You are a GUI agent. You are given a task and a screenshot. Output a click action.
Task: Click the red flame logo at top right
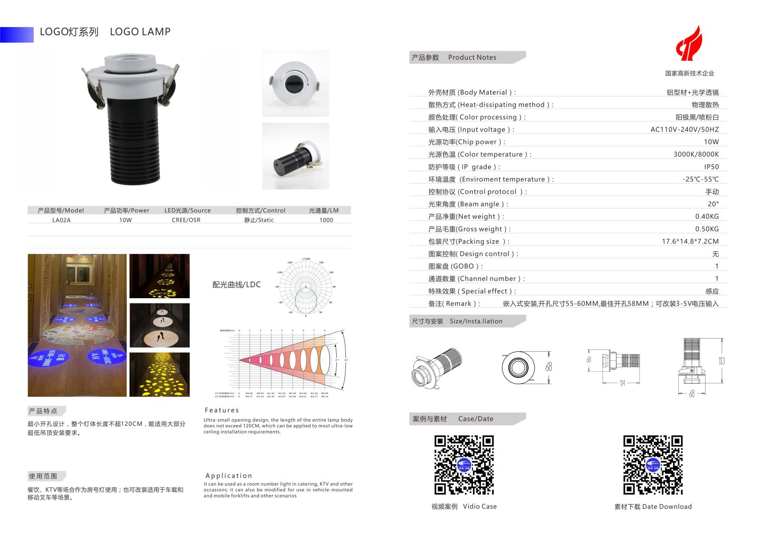point(689,44)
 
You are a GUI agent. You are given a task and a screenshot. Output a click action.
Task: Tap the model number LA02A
point(61,220)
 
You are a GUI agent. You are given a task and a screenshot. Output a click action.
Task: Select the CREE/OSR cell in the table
point(186,220)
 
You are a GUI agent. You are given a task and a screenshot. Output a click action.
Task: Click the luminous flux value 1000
point(326,220)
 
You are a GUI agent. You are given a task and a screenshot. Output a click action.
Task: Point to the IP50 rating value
point(711,167)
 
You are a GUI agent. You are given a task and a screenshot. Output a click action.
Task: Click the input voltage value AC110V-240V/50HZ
point(684,130)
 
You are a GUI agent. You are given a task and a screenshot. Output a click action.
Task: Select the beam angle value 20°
point(713,204)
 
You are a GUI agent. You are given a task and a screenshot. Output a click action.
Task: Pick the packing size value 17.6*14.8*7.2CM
point(690,242)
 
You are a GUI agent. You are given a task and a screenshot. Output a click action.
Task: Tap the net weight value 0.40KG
point(707,217)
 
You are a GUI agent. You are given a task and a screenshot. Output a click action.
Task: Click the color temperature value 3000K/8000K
point(696,154)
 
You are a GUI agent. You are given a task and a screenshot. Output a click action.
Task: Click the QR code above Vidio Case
point(464,465)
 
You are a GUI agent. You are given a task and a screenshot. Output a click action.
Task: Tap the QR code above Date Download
point(653,465)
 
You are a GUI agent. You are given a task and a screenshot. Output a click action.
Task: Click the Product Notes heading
point(472,57)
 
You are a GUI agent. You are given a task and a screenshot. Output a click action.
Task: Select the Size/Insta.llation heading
point(476,321)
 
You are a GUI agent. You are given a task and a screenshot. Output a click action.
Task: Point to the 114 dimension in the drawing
point(622,383)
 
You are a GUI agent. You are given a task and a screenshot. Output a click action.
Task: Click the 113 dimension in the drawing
point(722,361)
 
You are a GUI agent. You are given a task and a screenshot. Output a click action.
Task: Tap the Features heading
point(222,410)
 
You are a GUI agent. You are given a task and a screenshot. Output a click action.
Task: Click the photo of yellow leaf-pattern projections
point(159,374)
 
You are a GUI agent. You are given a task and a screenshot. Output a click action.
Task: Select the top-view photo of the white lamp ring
point(296,84)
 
